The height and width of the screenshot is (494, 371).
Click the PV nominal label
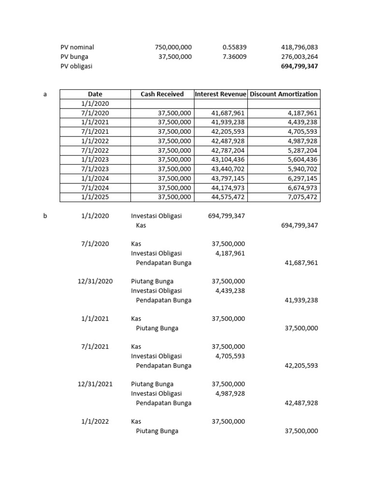(77, 47)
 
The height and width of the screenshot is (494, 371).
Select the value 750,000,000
(173, 47)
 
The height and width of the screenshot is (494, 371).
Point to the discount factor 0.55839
(234, 47)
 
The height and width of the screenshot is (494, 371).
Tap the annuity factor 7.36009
(234, 57)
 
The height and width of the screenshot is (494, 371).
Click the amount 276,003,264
(299, 57)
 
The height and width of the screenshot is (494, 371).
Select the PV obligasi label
(76, 67)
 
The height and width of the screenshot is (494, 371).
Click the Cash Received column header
(162, 94)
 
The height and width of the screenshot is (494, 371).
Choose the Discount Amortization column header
(284, 94)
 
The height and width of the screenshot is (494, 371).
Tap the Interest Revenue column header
(220, 94)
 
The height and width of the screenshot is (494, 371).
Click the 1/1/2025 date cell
(95, 197)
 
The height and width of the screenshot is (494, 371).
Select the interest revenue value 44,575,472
(228, 197)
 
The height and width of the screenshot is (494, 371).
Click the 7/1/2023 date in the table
(95, 169)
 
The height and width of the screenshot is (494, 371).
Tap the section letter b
(45, 216)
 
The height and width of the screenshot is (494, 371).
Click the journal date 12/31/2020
(95, 281)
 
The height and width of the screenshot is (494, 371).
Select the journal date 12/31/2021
(95, 384)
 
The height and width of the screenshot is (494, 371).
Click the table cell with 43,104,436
(228, 160)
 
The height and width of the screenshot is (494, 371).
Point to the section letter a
(45, 94)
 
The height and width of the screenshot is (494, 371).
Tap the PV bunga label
(74, 57)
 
